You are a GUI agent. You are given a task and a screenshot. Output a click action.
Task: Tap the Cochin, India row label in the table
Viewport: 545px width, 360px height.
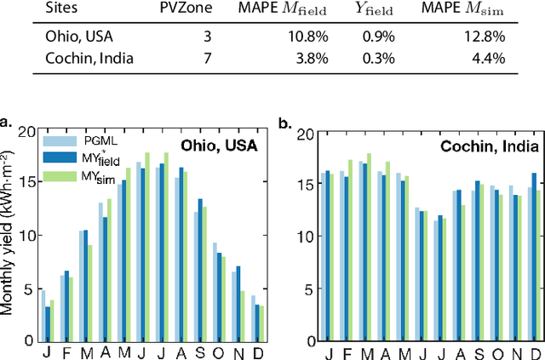point(77,60)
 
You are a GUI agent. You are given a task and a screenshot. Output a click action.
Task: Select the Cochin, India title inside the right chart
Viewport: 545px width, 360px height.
point(484,146)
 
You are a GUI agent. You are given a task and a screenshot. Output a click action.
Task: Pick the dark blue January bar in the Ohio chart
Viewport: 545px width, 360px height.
point(48,323)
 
